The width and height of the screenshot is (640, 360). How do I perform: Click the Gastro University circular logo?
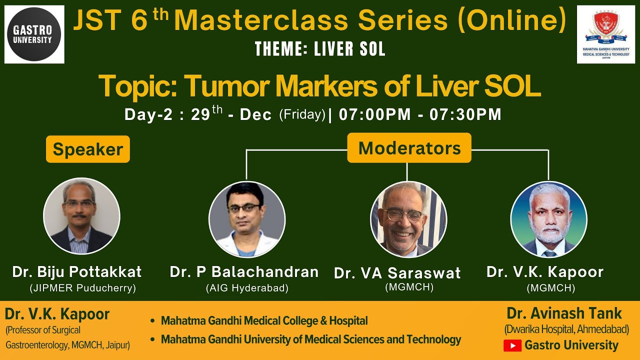(34, 34)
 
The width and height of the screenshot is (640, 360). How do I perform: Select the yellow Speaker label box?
(88, 149)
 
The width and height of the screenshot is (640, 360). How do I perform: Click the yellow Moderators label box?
(409, 148)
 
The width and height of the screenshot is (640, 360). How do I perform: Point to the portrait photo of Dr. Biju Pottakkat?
(81, 216)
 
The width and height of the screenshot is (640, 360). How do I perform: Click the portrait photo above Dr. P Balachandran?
(247, 219)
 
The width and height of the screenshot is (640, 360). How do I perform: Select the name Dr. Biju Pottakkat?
(77, 272)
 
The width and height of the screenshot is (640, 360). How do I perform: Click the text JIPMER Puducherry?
(82, 288)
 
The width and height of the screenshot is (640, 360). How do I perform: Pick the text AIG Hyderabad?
(247, 288)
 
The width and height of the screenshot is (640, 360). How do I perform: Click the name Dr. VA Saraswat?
(397, 273)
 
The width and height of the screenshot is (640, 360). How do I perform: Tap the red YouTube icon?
(512, 345)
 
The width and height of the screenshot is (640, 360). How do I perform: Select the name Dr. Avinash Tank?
(564, 313)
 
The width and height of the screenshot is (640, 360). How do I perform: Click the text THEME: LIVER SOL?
(320, 49)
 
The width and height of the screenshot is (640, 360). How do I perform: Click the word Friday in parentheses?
(302, 114)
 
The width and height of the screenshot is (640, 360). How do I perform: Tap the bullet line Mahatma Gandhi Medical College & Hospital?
(264, 321)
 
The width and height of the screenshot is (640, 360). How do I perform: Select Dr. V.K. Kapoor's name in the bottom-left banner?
(57, 314)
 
